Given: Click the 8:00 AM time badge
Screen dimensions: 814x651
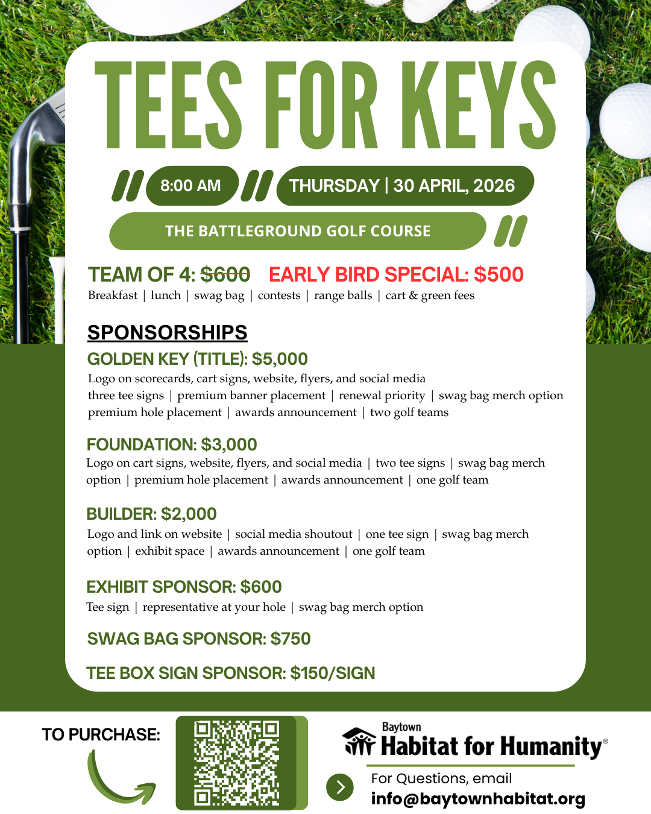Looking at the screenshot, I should pyautogui.click(x=190, y=186).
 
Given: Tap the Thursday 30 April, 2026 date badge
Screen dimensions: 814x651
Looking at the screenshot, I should pyautogui.click(x=402, y=186).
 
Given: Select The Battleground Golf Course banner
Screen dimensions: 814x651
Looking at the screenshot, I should pyautogui.click(x=298, y=231).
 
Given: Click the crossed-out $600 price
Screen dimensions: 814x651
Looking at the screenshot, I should pyautogui.click(x=225, y=275).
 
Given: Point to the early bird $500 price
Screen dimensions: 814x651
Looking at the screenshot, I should pyautogui.click(x=498, y=275).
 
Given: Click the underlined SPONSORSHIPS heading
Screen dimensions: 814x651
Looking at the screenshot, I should pyautogui.click(x=167, y=332).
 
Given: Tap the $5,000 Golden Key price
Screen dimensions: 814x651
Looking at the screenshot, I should pyautogui.click(x=280, y=359).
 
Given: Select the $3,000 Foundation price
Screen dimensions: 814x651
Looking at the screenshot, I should pyautogui.click(x=229, y=445).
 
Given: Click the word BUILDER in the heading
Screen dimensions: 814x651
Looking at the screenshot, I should pyautogui.click(x=120, y=514).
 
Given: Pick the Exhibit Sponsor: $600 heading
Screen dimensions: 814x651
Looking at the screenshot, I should pyautogui.click(x=184, y=587).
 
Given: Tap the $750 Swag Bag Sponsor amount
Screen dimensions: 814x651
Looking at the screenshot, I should pyautogui.click(x=291, y=639).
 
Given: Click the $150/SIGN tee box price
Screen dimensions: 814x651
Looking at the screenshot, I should pyautogui.click(x=332, y=674).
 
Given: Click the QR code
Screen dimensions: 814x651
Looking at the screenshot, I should pyautogui.click(x=236, y=763).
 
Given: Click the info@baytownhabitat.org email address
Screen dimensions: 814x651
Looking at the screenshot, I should pyautogui.click(x=478, y=799).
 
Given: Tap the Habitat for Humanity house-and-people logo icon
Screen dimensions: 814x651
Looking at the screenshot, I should pyautogui.click(x=359, y=742).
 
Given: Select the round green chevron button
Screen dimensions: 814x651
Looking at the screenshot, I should pyautogui.click(x=340, y=787).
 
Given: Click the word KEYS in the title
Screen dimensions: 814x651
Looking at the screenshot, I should pyautogui.click(x=479, y=106).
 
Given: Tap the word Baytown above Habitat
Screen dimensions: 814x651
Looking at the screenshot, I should pyautogui.click(x=401, y=727).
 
